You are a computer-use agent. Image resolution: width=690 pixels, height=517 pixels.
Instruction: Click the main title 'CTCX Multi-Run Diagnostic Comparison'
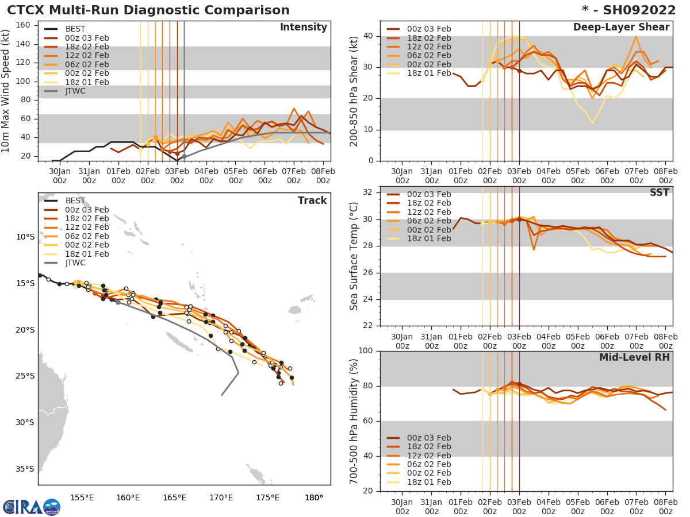pyautogui.click(x=148, y=10)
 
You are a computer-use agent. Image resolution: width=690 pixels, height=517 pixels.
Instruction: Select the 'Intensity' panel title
pyautogui.click(x=303, y=28)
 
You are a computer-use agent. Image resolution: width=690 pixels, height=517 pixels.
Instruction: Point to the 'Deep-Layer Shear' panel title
pyautogui.click(x=621, y=28)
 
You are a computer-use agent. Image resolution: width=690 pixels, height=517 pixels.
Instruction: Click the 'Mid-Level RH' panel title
pyautogui.click(x=634, y=357)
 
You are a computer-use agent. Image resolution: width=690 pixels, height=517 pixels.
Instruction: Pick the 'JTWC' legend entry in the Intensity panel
pyautogui.click(x=76, y=91)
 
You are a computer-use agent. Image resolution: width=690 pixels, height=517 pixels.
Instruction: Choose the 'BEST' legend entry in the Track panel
pyautogui.click(x=75, y=200)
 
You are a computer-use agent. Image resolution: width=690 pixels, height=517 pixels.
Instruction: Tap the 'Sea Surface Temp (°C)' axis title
pyautogui.click(x=354, y=256)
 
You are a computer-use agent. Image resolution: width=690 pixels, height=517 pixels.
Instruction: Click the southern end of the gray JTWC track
pyautogui.click(x=221, y=395)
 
